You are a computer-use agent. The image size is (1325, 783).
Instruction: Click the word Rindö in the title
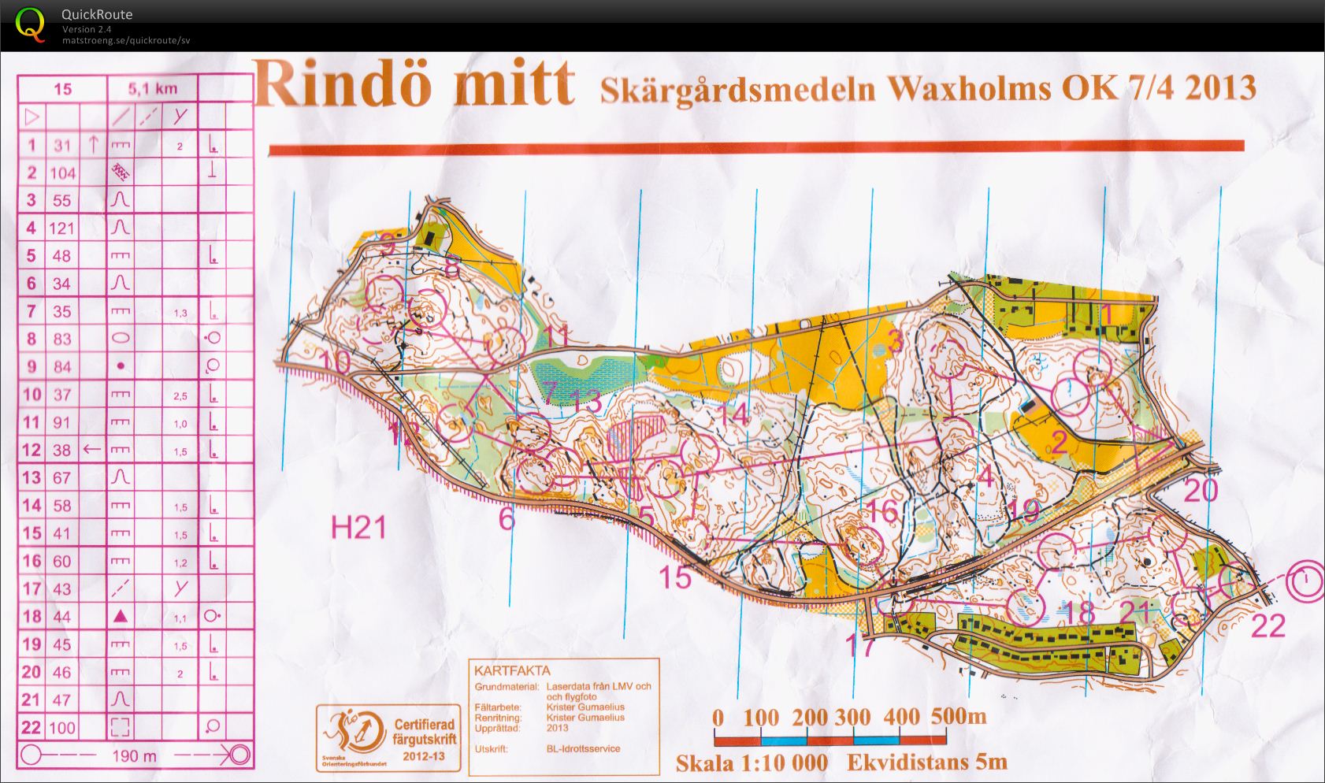coord(343,83)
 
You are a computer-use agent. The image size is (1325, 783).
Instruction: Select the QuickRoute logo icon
coord(31,24)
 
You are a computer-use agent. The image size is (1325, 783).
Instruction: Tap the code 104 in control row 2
coord(62,173)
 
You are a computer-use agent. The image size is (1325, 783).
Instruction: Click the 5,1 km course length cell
coord(152,89)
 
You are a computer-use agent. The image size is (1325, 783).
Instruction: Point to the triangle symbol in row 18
coord(121,616)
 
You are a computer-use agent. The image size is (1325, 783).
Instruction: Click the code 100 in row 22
coord(62,727)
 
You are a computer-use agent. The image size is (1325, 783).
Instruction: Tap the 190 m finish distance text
coord(134,756)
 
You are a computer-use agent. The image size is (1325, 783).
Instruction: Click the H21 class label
coord(358,528)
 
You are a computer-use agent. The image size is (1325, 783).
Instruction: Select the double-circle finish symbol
coord(1305,581)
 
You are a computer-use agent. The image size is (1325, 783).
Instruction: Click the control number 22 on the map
coord(1268,626)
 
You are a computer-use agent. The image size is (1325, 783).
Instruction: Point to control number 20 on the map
coord(1201,491)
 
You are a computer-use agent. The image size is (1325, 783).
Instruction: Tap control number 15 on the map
coord(674,577)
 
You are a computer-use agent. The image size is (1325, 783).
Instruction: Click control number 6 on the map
coord(507,518)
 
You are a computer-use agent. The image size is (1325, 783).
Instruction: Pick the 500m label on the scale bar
coord(958,716)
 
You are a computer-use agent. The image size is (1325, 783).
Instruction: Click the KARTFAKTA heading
coord(511,671)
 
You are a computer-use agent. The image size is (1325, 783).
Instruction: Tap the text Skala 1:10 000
coord(752,763)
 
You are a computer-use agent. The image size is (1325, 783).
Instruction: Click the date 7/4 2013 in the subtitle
coord(1185,87)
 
